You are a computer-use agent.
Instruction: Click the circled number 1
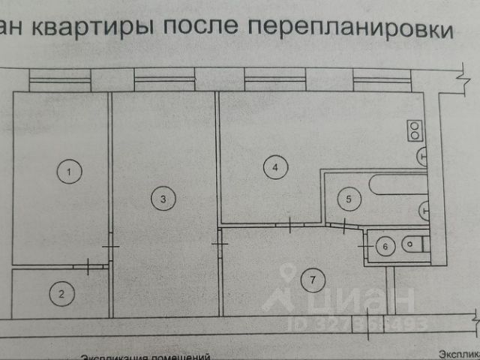coord(69,172)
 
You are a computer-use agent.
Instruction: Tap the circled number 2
coord(63,295)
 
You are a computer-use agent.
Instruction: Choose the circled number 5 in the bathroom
coord(348,199)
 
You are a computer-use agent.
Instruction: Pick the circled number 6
coord(384,245)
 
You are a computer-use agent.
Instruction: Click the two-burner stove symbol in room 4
coord(415,130)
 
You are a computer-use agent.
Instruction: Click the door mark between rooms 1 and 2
coord(89,265)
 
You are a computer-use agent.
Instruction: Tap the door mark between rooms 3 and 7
coord(218,244)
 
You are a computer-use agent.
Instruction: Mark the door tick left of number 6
coord(363,244)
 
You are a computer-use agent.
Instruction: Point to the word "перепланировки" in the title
coord(349,28)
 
